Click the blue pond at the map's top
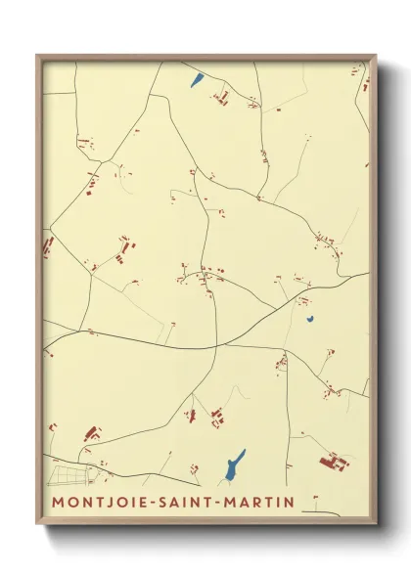[198, 80]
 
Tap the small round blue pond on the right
[310, 318]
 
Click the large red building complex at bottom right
[333, 459]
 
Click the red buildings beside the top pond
[220, 97]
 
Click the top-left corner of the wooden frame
[38, 56]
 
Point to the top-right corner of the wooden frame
[375, 56]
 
